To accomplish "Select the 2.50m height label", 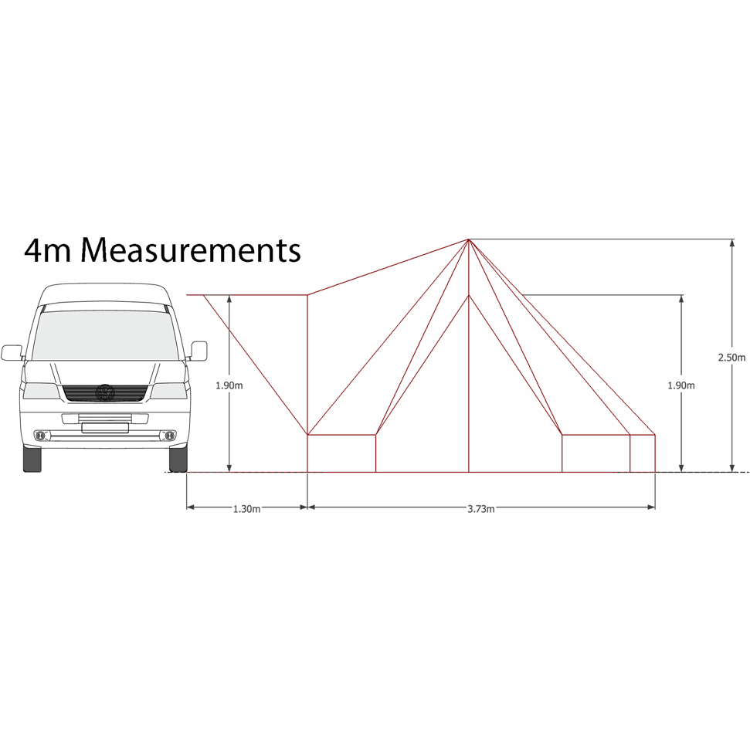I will click(731, 358).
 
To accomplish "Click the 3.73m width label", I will click(480, 509).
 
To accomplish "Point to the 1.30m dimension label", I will click(246, 509).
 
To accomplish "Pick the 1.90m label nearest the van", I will click(230, 384).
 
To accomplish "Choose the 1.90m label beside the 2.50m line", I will click(680, 384).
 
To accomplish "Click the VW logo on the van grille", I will click(104, 393).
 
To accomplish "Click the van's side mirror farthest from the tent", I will click(12, 352).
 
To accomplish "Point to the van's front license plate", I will click(104, 426).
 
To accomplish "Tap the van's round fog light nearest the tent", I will click(167, 437).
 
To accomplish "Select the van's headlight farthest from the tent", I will click(39, 390).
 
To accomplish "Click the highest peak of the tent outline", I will click(469, 239).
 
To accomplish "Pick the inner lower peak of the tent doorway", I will click(469, 296).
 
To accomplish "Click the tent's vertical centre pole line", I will click(469, 386).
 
